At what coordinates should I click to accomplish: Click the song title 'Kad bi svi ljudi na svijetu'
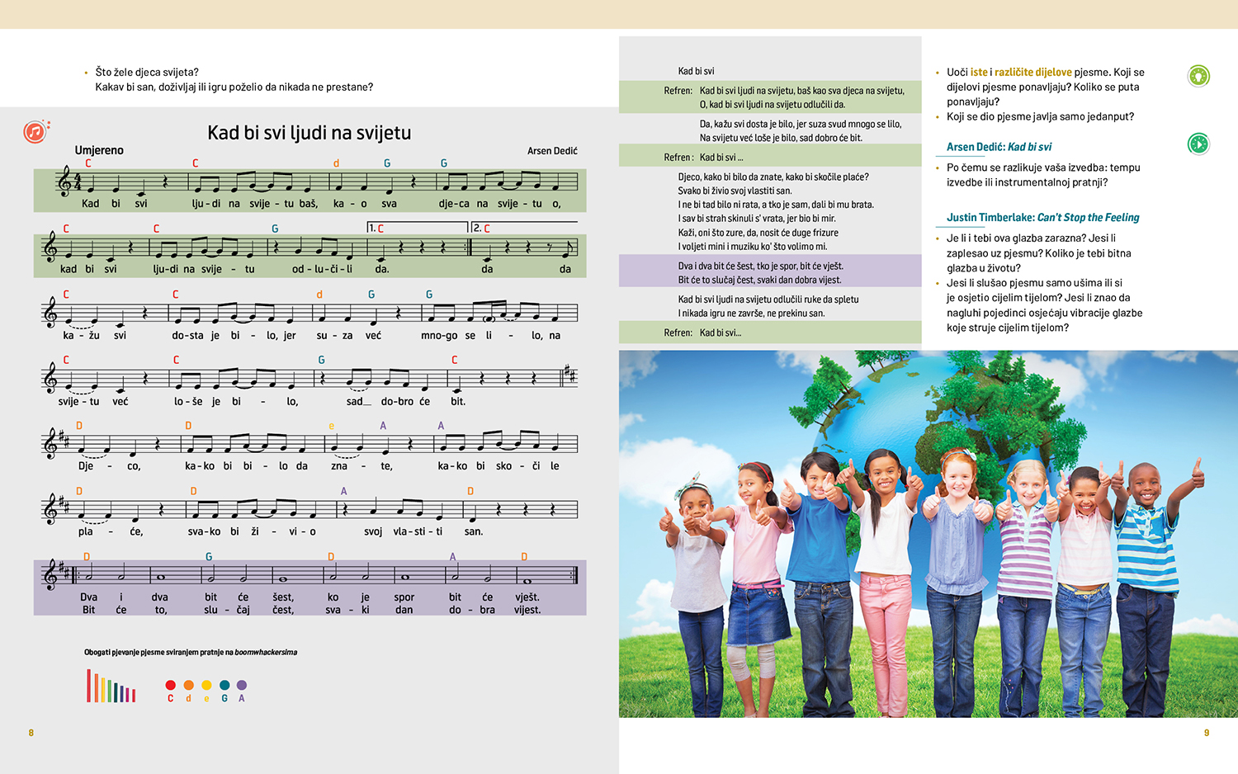pyautogui.click(x=309, y=133)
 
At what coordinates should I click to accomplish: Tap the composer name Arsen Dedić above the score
pyautogui.click(x=552, y=151)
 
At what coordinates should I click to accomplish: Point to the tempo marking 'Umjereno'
pyautogui.click(x=99, y=150)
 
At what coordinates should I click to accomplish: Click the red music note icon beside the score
pyautogui.click(x=35, y=131)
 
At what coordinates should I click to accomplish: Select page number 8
pyautogui.click(x=31, y=733)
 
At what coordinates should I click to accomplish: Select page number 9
pyautogui.click(x=1207, y=733)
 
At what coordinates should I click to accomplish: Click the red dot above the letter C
pyautogui.click(x=171, y=685)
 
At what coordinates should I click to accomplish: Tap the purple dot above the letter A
pyautogui.click(x=242, y=685)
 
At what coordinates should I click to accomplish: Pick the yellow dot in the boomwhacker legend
pyautogui.click(x=206, y=685)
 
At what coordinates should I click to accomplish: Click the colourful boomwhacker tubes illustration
pyautogui.click(x=111, y=687)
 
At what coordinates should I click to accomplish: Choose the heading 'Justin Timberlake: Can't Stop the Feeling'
pyautogui.click(x=1042, y=218)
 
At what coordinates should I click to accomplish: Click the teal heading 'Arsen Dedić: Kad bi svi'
pyautogui.click(x=999, y=147)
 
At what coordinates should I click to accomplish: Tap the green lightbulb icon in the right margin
pyautogui.click(x=1198, y=76)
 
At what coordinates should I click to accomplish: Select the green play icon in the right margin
pyautogui.click(x=1198, y=144)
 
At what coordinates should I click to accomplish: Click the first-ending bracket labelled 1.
pyautogui.click(x=416, y=227)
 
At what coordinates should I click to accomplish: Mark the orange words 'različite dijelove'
pyautogui.click(x=1032, y=73)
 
